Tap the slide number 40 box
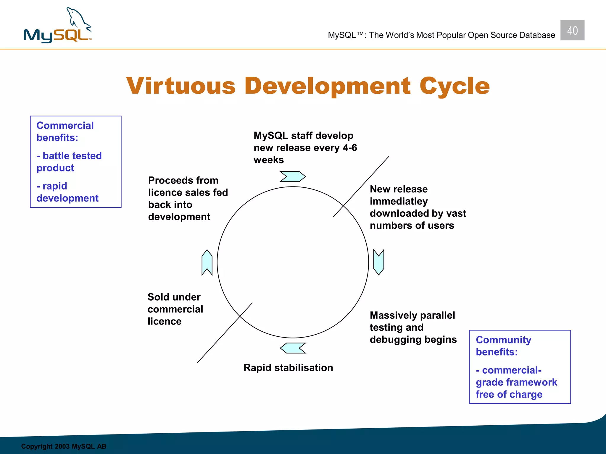pyautogui.click(x=572, y=30)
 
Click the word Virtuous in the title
pyautogui.click(x=181, y=86)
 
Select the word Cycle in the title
pyautogui.click(x=454, y=86)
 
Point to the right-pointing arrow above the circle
pyautogui.click(x=292, y=176)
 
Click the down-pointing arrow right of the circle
pyautogui.click(x=379, y=262)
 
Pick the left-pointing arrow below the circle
pyautogui.click(x=293, y=348)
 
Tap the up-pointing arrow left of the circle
pyautogui.click(x=207, y=262)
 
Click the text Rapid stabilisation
pyautogui.click(x=288, y=368)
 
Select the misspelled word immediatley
pyautogui.click(x=399, y=201)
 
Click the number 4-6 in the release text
pyautogui.click(x=350, y=148)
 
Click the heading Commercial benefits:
pyautogui.click(x=65, y=132)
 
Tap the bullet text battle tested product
pyautogui.click(x=69, y=162)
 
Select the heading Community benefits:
pyautogui.click(x=503, y=346)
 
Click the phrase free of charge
pyautogui.click(x=509, y=394)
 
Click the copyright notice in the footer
pyautogui.click(x=63, y=446)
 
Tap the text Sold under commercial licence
pyautogui.click(x=175, y=309)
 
